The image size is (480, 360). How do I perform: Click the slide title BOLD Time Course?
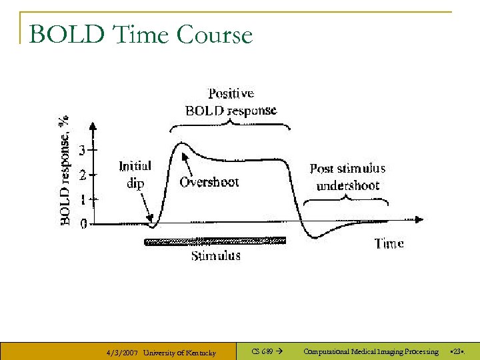coord(141,35)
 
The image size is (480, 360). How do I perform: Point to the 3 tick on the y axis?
coord(83,151)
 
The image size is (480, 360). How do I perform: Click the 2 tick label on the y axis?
coord(83,175)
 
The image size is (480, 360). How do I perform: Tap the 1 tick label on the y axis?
coord(83,199)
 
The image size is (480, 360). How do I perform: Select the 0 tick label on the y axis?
coord(83,224)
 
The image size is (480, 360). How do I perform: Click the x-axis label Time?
coord(389,243)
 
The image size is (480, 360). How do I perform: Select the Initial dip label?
coord(135,174)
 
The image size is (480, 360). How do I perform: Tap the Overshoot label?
coord(209,182)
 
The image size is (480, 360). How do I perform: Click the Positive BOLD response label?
coord(231,102)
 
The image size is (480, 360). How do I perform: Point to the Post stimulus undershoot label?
coord(347,177)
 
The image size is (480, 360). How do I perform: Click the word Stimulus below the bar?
coord(215,255)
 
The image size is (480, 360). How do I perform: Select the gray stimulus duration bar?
coord(215,241)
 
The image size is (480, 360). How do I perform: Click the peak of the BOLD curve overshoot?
coord(180,143)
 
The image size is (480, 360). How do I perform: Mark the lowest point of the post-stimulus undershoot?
coord(312,237)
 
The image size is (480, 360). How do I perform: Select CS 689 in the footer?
coord(262,351)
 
